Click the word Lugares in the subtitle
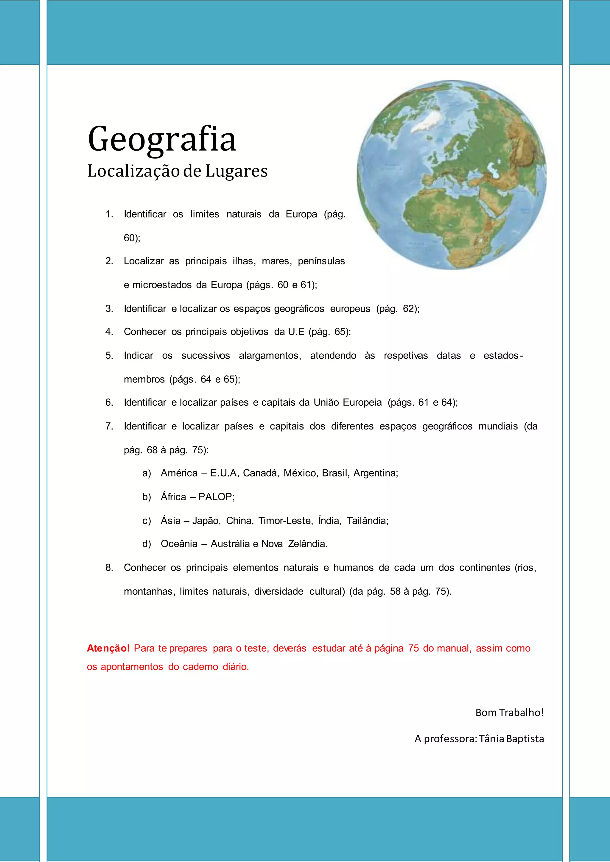[236, 171]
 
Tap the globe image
[451, 175]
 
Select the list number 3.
[109, 309]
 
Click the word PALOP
[216, 497]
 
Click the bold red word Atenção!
[108, 648]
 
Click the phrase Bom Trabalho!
[510, 712]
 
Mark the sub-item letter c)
[147, 521]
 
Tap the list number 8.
[109, 567]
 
